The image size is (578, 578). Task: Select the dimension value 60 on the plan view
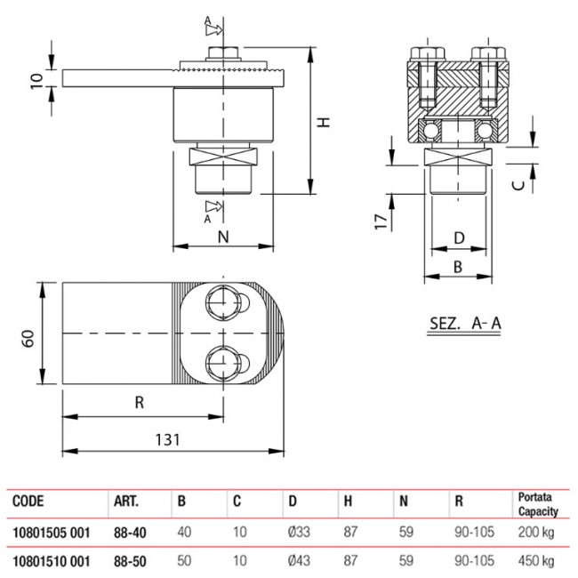click(28, 339)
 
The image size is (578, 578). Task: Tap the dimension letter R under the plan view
click(139, 402)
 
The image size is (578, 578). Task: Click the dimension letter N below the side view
click(223, 237)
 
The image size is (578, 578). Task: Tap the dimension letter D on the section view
click(459, 237)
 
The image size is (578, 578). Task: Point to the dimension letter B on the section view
click(459, 265)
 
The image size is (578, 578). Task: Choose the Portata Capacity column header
click(537, 503)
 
